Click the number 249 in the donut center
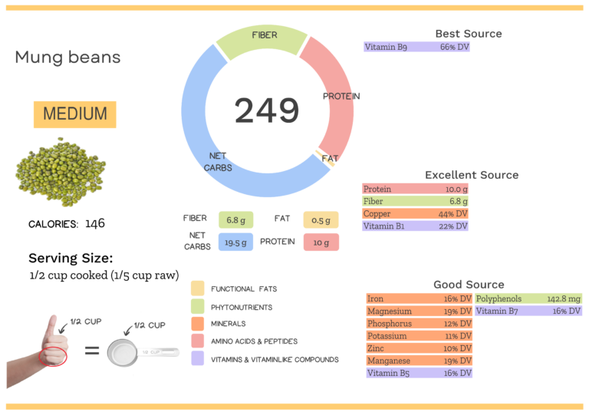coord(266,110)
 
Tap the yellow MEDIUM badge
coord(74,114)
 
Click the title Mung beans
coord(67,58)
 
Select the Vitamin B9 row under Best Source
coord(416,47)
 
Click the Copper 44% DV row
coord(415,214)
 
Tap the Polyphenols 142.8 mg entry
coord(528,299)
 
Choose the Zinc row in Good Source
coord(419,348)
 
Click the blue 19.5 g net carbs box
coord(235,242)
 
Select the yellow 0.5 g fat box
coord(321,219)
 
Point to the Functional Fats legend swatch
coord(198,288)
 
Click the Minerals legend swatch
coord(198,324)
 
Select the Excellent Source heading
coord(472,175)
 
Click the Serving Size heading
coord(71,258)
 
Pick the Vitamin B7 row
coord(528,311)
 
